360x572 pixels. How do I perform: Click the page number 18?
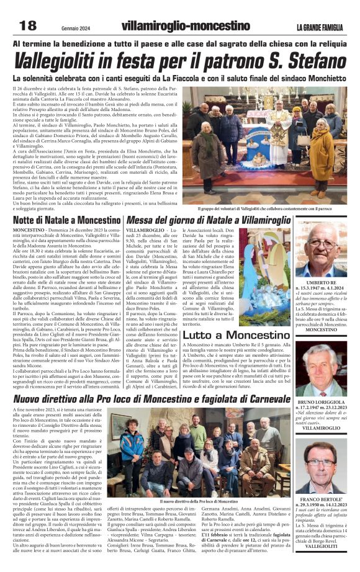(29, 25)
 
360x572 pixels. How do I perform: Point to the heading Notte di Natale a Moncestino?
(66, 220)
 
